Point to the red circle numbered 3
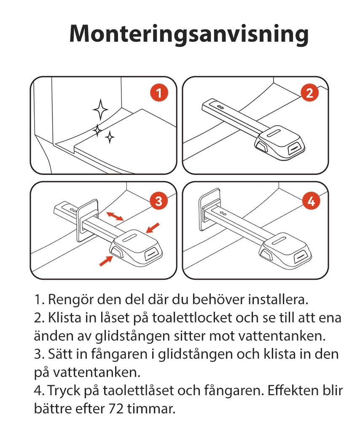click(159, 201)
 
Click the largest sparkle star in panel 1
click(100, 110)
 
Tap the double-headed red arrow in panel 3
click(115, 217)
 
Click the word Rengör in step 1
click(65, 300)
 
